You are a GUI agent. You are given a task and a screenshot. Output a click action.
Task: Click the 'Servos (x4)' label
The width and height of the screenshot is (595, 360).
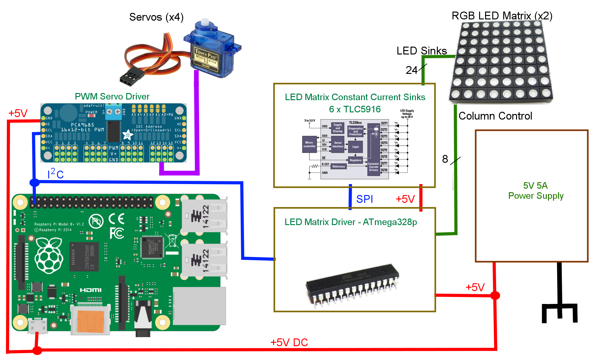[156, 17]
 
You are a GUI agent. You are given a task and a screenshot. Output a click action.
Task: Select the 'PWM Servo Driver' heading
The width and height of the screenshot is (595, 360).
[112, 96]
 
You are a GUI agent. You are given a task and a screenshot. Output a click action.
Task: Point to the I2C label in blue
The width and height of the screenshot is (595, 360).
[56, 174]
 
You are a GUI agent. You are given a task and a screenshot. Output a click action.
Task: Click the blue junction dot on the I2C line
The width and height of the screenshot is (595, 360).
[34, 182]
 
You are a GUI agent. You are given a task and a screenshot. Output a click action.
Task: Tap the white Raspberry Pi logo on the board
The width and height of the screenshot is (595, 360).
[49, 255]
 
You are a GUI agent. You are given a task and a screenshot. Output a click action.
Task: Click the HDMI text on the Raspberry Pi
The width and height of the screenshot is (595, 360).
[91, 290]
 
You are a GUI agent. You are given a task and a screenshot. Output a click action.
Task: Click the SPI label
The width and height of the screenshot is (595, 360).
[365, 199]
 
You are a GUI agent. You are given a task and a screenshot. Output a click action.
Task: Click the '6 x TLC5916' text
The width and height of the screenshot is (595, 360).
[355, 109]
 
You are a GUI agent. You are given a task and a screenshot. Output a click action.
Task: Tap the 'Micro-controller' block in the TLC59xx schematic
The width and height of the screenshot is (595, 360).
[309, 144]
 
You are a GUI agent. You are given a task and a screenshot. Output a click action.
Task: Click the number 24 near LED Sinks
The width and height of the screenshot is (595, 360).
[411, 70]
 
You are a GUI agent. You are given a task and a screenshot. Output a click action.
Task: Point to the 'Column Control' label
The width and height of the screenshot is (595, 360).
[495, 116]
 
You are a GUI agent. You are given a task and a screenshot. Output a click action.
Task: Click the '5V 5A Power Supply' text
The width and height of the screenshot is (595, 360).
[535, 190]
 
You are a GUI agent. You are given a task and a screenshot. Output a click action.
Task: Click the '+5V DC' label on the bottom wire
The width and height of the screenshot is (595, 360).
[289, 342]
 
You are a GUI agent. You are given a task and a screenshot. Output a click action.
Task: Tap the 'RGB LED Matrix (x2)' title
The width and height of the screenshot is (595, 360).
[502, 16]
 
